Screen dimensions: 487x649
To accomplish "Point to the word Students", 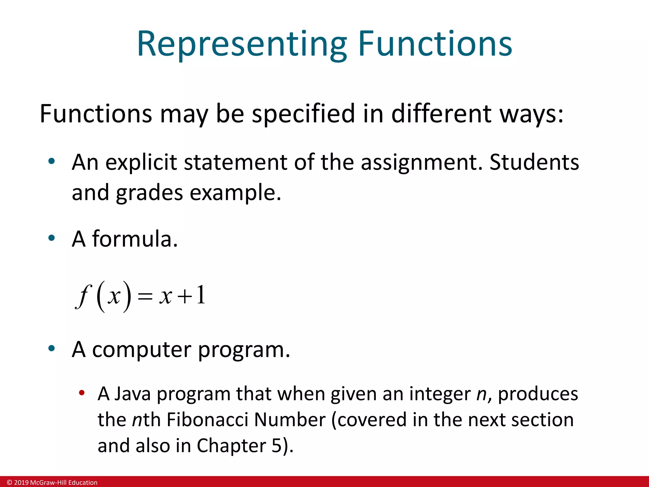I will pos(534,162).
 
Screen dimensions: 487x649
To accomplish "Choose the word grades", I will pos(150,193).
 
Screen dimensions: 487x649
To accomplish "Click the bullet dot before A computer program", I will pos(52,349).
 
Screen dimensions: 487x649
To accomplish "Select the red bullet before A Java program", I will pos(82,393).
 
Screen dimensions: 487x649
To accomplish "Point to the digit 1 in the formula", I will pos(201,295).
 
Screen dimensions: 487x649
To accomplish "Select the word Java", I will pos(132,394).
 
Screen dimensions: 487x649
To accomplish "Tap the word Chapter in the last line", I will pos(231,446).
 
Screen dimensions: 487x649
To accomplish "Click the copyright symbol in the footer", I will pos(10,483).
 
